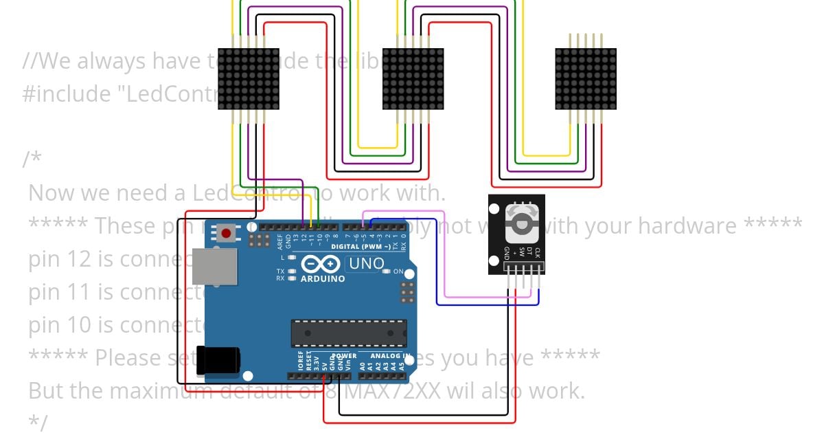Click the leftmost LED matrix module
tap(249, 78)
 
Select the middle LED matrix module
tap(413, 78)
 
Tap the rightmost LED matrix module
tap(586, 78)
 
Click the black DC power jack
tap(218, 361)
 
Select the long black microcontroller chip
tap(348, 333)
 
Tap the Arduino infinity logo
tap(321, 265)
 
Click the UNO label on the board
tap(366, 263)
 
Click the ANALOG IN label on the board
tap(390, 356)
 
